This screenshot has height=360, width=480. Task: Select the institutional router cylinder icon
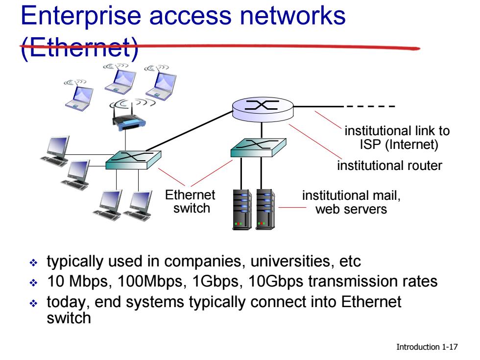[x=263, y=109]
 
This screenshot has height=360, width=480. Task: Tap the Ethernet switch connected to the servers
[x=258, y=147]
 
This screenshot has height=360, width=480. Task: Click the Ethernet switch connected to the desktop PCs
[x=133, y=160]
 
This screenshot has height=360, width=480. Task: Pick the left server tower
[x=242, y=210]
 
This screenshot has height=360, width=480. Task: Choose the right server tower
[x=265, y=210]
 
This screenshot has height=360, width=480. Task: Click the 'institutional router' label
[x=389, y=166]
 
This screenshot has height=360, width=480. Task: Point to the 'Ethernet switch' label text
[x=191, y=201]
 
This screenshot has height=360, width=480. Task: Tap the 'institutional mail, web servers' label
[x=351, y=202]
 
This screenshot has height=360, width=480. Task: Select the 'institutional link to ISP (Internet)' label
[x=397, y=138]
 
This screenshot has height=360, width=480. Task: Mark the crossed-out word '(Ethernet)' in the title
[x=79, y=48]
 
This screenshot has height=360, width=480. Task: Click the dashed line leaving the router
[x=370, y=107]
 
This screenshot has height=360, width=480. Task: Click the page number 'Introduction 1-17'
[x=427, y=347]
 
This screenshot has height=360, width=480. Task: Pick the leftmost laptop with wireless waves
[x=78, y=95]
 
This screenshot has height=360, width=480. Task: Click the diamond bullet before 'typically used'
[x=33, y=263]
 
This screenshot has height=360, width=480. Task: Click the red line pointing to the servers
[x=292, y=208]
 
